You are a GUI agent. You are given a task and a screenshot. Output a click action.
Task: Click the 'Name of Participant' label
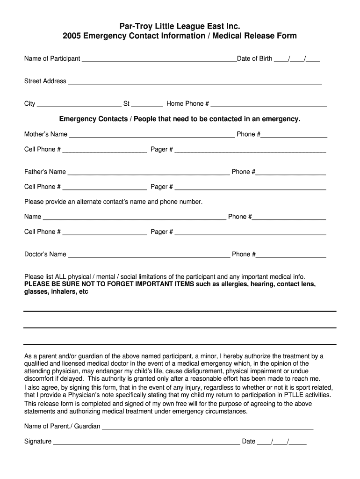52,58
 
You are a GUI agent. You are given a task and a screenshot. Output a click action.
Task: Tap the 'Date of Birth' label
254,58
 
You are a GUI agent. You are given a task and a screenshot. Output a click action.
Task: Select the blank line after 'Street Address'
195,82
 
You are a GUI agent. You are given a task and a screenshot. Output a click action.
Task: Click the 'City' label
29,104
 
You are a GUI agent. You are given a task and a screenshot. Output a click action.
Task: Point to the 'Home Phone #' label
187,104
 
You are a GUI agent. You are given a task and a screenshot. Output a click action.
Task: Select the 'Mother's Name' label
45,134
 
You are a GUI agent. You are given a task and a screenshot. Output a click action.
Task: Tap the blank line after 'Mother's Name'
152,136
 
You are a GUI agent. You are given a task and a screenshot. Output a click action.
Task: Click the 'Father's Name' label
45,172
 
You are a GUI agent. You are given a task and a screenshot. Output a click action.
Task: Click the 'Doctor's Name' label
45,254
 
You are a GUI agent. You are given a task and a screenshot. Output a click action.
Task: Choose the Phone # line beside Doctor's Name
291,256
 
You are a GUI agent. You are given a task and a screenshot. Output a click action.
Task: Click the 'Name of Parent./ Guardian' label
62,426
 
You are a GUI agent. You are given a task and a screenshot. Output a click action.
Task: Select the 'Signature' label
37,441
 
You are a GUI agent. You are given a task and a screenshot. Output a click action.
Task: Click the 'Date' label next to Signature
248,441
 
